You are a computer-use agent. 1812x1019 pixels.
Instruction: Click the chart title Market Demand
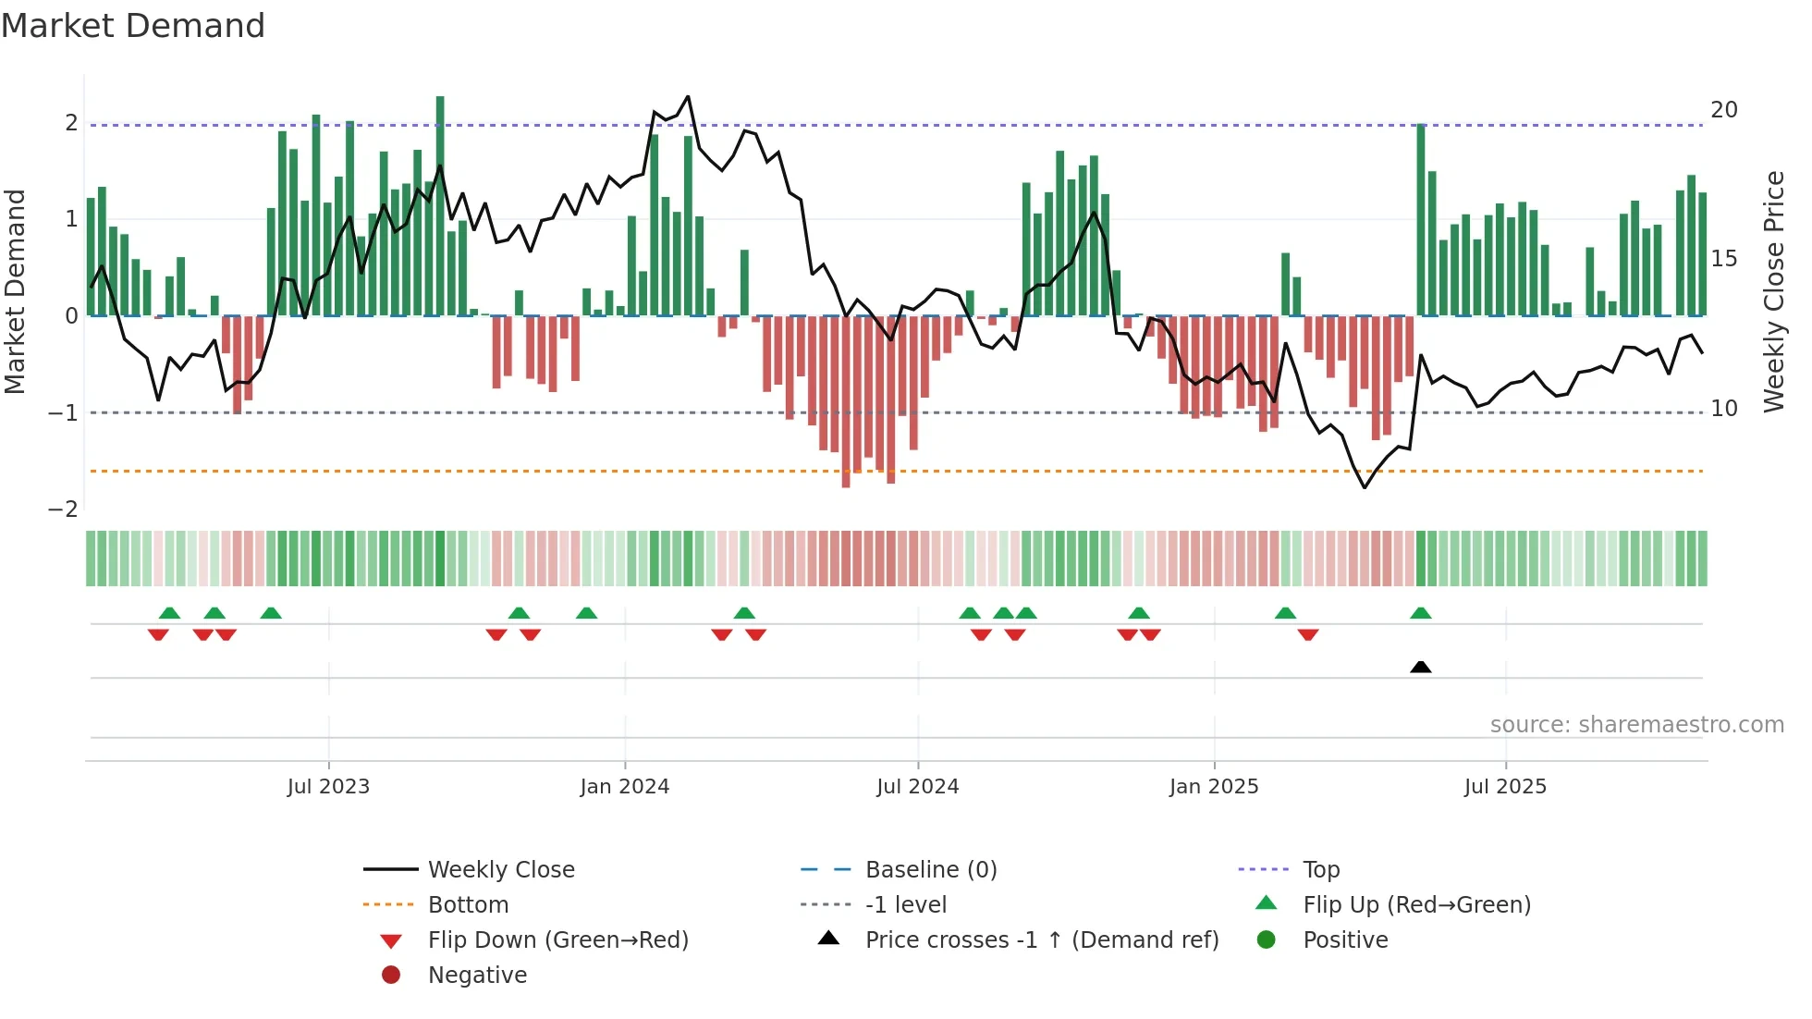coord(133,26)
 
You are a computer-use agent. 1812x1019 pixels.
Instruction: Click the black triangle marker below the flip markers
coord(1421,667)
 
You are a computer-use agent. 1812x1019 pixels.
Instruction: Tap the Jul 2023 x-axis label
coord(328,787)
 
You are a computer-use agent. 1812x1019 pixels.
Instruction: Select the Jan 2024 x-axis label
coord(624,787)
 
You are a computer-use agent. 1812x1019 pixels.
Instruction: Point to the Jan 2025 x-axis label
coord(1214,787)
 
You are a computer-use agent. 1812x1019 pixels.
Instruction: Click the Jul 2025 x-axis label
coord(1505,787)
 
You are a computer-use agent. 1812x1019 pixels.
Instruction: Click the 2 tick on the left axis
coord(71,123)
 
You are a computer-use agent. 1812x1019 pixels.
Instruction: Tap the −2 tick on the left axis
coord(63,509)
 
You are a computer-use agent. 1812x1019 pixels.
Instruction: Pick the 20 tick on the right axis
coord(1724,110)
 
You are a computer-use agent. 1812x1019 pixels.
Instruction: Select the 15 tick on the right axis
coord(1724,259)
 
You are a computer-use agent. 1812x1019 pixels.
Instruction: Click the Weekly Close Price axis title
coord(1774,291)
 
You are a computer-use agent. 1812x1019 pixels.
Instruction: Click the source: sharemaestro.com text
coord(1636,725)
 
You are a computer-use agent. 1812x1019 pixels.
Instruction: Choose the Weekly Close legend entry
coord(501,870)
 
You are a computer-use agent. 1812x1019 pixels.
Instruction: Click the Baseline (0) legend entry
coord(931,870)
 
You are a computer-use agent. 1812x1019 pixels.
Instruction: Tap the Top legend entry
coord(1321,870)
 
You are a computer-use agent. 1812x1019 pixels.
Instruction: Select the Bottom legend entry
coord(468,905)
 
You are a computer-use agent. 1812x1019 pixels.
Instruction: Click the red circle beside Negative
coord(391,976)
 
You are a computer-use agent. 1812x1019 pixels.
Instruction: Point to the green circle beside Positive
coord(1267,940)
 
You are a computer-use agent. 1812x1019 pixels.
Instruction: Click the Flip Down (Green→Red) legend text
coord(558,940)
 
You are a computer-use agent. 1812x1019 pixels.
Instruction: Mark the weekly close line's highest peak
coord(688,96)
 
